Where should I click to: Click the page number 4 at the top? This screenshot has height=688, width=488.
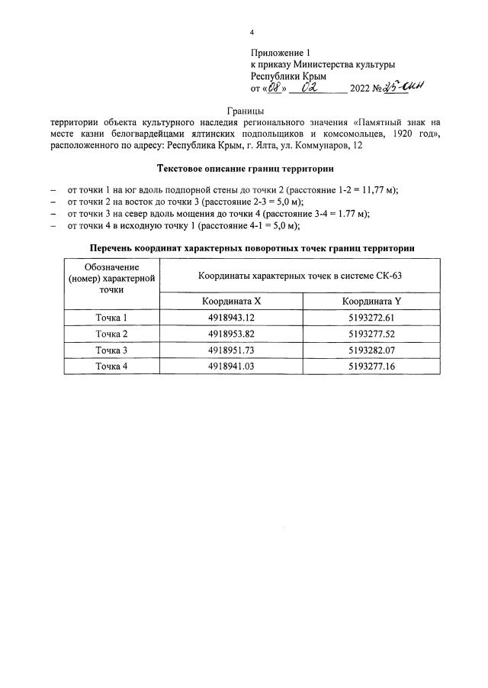(x=252, y=33)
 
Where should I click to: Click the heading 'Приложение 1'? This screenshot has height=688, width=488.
(x=281, y=53)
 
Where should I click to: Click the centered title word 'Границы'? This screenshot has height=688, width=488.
(x=245, y=111)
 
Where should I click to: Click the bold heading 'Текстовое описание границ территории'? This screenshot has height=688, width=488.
(x=245, y=168)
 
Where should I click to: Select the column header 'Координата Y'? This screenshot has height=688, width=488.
(x=371, y=301)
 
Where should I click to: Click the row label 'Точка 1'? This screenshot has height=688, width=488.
(x=111, y=317)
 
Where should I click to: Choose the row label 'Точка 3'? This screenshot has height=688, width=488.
(x=111, y=350)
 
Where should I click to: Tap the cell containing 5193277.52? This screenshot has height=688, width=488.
(x=371, y=334)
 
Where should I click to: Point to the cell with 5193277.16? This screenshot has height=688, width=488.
(x=371, y=367)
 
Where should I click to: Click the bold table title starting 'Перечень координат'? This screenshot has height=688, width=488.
(x=252, y=248)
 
